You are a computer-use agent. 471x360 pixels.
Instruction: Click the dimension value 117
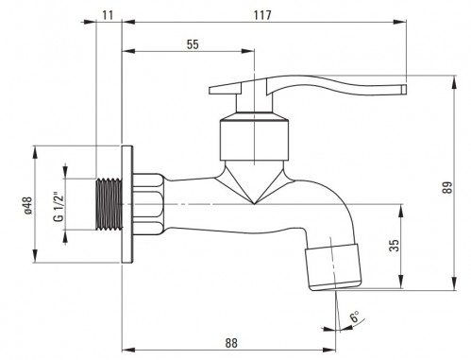coord(262,15)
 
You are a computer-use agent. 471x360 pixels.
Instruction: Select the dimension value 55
coord(193,44)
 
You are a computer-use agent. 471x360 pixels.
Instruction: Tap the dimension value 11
coord(108,15)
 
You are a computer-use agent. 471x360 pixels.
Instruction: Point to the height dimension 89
coord(448,187)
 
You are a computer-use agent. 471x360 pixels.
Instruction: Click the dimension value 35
coord(394,246)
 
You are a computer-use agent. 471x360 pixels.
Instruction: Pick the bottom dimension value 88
coord(231,343)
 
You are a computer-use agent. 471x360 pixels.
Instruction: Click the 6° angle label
coord(355,317)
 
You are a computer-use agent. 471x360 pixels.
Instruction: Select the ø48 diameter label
coord(27,205)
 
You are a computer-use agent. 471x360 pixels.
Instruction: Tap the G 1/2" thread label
coord(59,206)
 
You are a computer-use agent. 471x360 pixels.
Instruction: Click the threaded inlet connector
coord(109,204)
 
